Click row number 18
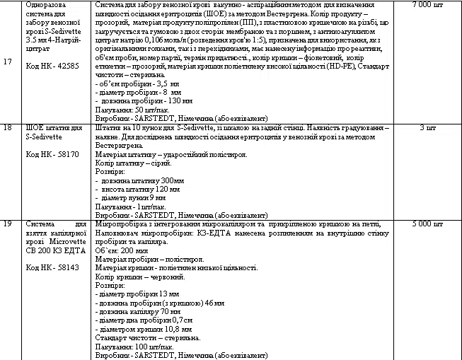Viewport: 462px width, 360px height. (8, 128)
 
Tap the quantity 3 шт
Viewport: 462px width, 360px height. (427, 128)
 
